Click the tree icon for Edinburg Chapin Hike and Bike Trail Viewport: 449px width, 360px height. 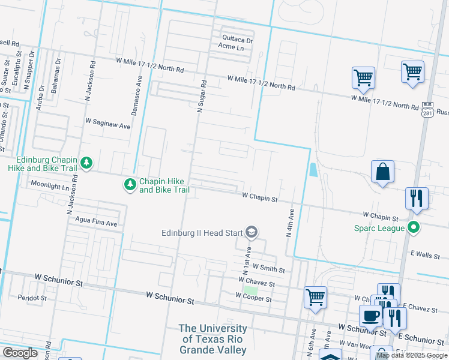coord(86,163)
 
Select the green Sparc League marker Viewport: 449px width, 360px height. coord(413,227)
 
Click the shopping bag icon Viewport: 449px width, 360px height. coord(382,172)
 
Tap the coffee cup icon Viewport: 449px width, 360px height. coord(370,316)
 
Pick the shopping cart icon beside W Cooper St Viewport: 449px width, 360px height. coord(315,297)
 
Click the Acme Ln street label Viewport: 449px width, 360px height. coord(231,47)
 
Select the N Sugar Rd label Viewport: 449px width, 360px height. coord(201,96)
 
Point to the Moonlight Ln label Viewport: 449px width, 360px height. coord(50,185)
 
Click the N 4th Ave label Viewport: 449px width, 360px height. coord(290,223)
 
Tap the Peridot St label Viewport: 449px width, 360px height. coord(32,298)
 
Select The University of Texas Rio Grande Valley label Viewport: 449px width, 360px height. coord(213,339)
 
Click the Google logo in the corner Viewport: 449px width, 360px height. coord(20,353)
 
